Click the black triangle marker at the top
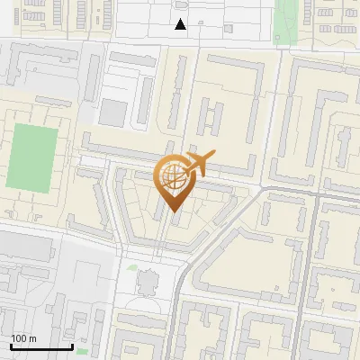[181, 24]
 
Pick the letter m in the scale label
[32, 338]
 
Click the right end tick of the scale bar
[72, 346]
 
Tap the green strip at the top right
[287, 16]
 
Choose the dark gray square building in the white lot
[113, 112]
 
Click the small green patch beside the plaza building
[132, 267]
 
